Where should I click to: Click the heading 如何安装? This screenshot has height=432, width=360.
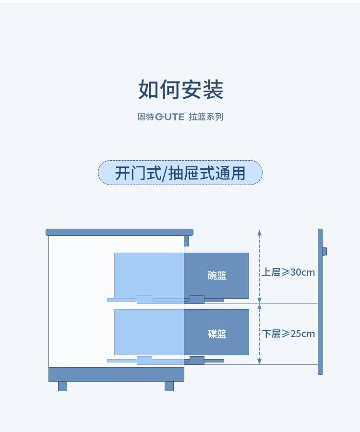click(x=180, y=90)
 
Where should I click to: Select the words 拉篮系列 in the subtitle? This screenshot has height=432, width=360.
click(x=206, y=117)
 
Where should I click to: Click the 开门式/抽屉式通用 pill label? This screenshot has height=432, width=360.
click(x=180, y=173)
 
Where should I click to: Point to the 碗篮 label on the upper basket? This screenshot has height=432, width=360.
click(x=216, y=276)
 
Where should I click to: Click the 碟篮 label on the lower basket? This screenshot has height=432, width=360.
click(x=216, y=334)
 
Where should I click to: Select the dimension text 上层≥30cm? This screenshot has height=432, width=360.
click(x=288, y=272)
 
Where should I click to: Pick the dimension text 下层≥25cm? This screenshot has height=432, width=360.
click(x=288, y=334)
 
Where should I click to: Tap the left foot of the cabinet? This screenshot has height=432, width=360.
click(x=62, y=386)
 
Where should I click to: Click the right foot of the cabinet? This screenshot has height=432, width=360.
click(x=169, y=386)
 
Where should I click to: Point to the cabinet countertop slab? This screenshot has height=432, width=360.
click(x=119, y=232)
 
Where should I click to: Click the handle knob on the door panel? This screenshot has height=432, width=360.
click(x=324, y=251)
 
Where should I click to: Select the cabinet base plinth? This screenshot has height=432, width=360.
click(x=116, y=374)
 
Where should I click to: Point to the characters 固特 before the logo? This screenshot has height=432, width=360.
click(x=145, y=117)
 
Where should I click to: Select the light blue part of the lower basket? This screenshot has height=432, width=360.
click(x=149, y=332)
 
